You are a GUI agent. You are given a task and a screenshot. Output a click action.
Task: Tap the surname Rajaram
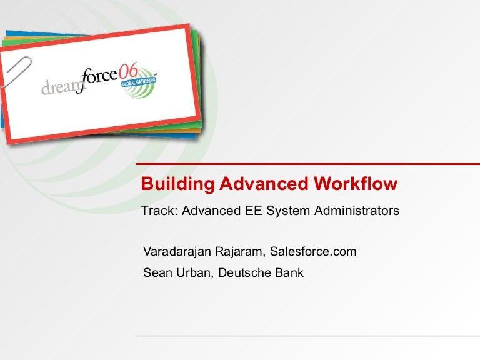coord(242,252)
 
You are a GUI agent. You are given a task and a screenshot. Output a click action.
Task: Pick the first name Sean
coord(156,272)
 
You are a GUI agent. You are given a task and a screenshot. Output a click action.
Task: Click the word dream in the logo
coord(61,87)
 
